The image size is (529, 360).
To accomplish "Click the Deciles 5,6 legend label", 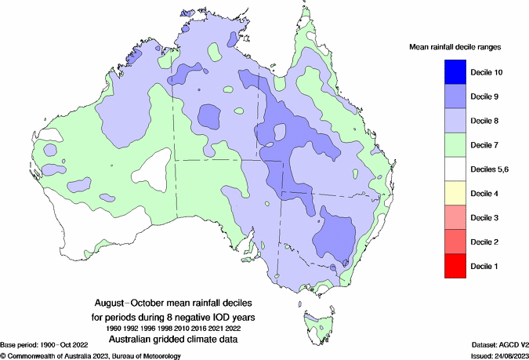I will [x=491, y=169].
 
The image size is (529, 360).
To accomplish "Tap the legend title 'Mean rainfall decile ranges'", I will [x=455, y=48].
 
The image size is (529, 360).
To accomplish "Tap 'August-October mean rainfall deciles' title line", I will [x=174, y=303].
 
